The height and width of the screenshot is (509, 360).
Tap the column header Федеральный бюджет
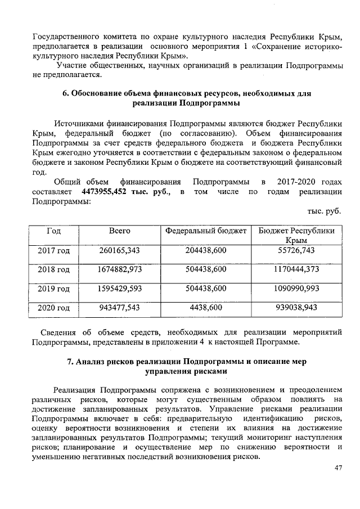[x=205, y=231]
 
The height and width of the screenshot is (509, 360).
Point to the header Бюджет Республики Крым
[x=296, y=236]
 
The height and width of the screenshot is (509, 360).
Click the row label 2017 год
[x=53, y=250]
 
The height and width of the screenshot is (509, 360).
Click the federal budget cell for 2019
[x=205, y=289]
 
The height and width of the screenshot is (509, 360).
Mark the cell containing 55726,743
[x=296, y=250]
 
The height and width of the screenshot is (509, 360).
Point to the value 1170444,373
[x=296, y=269]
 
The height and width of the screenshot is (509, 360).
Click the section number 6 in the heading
[x=64, y=93]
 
